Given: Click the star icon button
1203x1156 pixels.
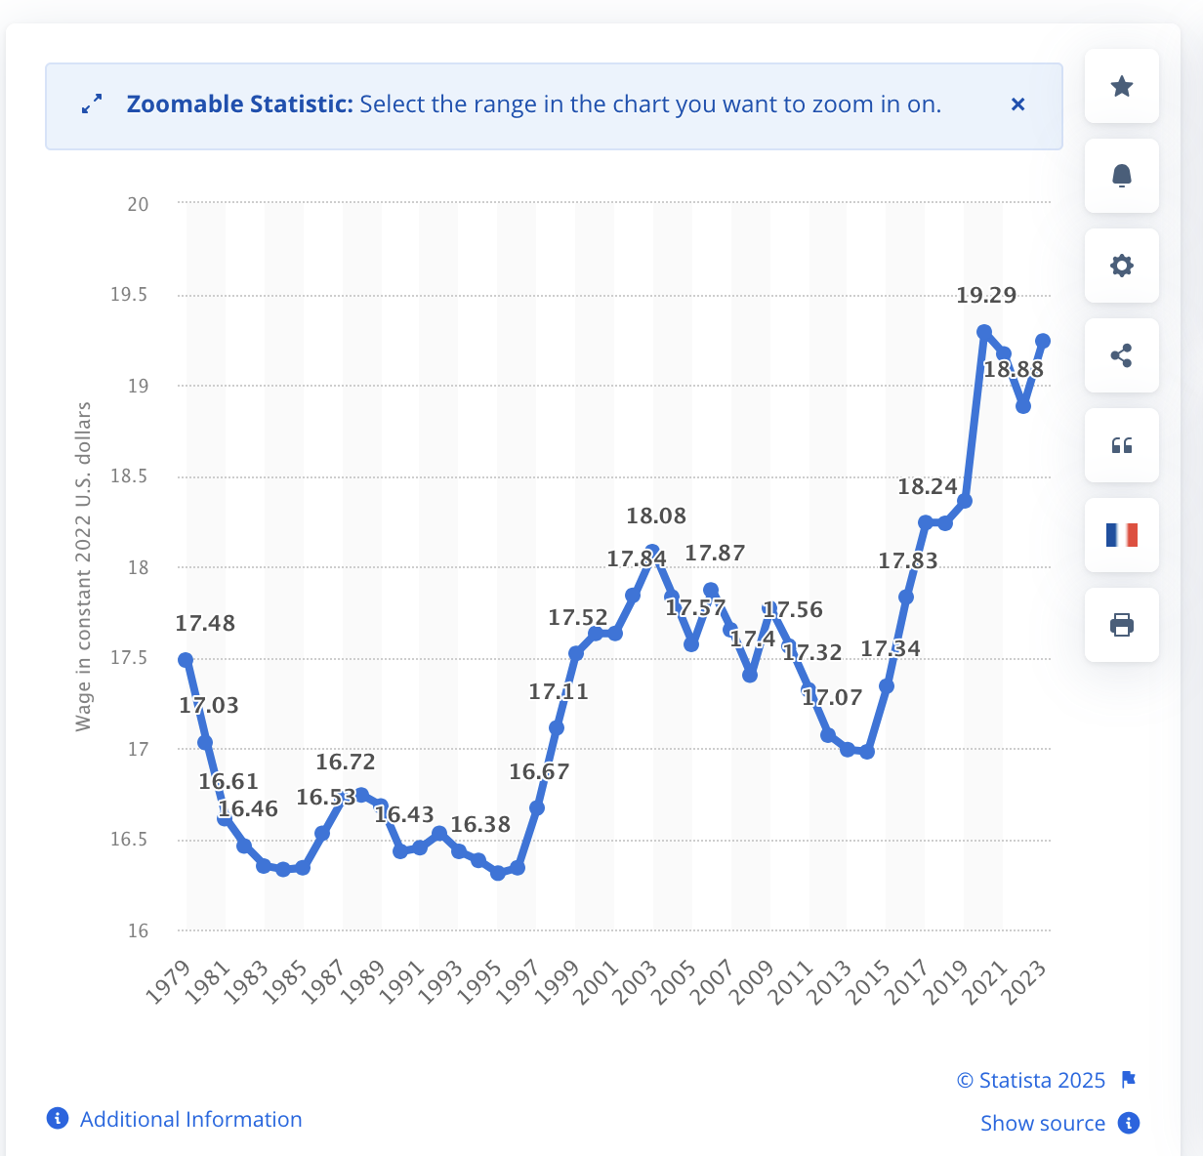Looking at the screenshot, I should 1122,87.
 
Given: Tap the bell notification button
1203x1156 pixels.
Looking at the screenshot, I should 1122,176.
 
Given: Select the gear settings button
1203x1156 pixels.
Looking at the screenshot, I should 1122,266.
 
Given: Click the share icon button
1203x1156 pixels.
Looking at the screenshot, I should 1122,355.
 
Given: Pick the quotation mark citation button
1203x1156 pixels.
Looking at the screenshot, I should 1122,445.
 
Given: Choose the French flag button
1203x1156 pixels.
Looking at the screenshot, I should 1122,535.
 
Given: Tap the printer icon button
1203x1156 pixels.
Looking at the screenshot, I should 1122,625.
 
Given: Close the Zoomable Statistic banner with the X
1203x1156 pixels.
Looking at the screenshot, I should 1017,104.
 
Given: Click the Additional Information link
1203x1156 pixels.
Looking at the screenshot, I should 190,1119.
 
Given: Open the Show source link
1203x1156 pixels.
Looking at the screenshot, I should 1042,1123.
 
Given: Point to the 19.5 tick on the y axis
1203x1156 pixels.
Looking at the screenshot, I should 129,295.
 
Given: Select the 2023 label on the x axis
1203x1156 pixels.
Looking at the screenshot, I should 1027,981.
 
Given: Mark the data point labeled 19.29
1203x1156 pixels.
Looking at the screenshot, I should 984,332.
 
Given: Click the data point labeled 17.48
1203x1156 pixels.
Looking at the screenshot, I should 186,660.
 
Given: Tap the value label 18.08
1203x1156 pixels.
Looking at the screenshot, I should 656,516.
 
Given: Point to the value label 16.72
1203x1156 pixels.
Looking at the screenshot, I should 346,762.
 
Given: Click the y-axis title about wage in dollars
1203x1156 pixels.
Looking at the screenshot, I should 84,566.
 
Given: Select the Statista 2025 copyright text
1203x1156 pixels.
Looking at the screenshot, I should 1031,1080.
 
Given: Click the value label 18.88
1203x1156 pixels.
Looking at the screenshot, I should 1014,370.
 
